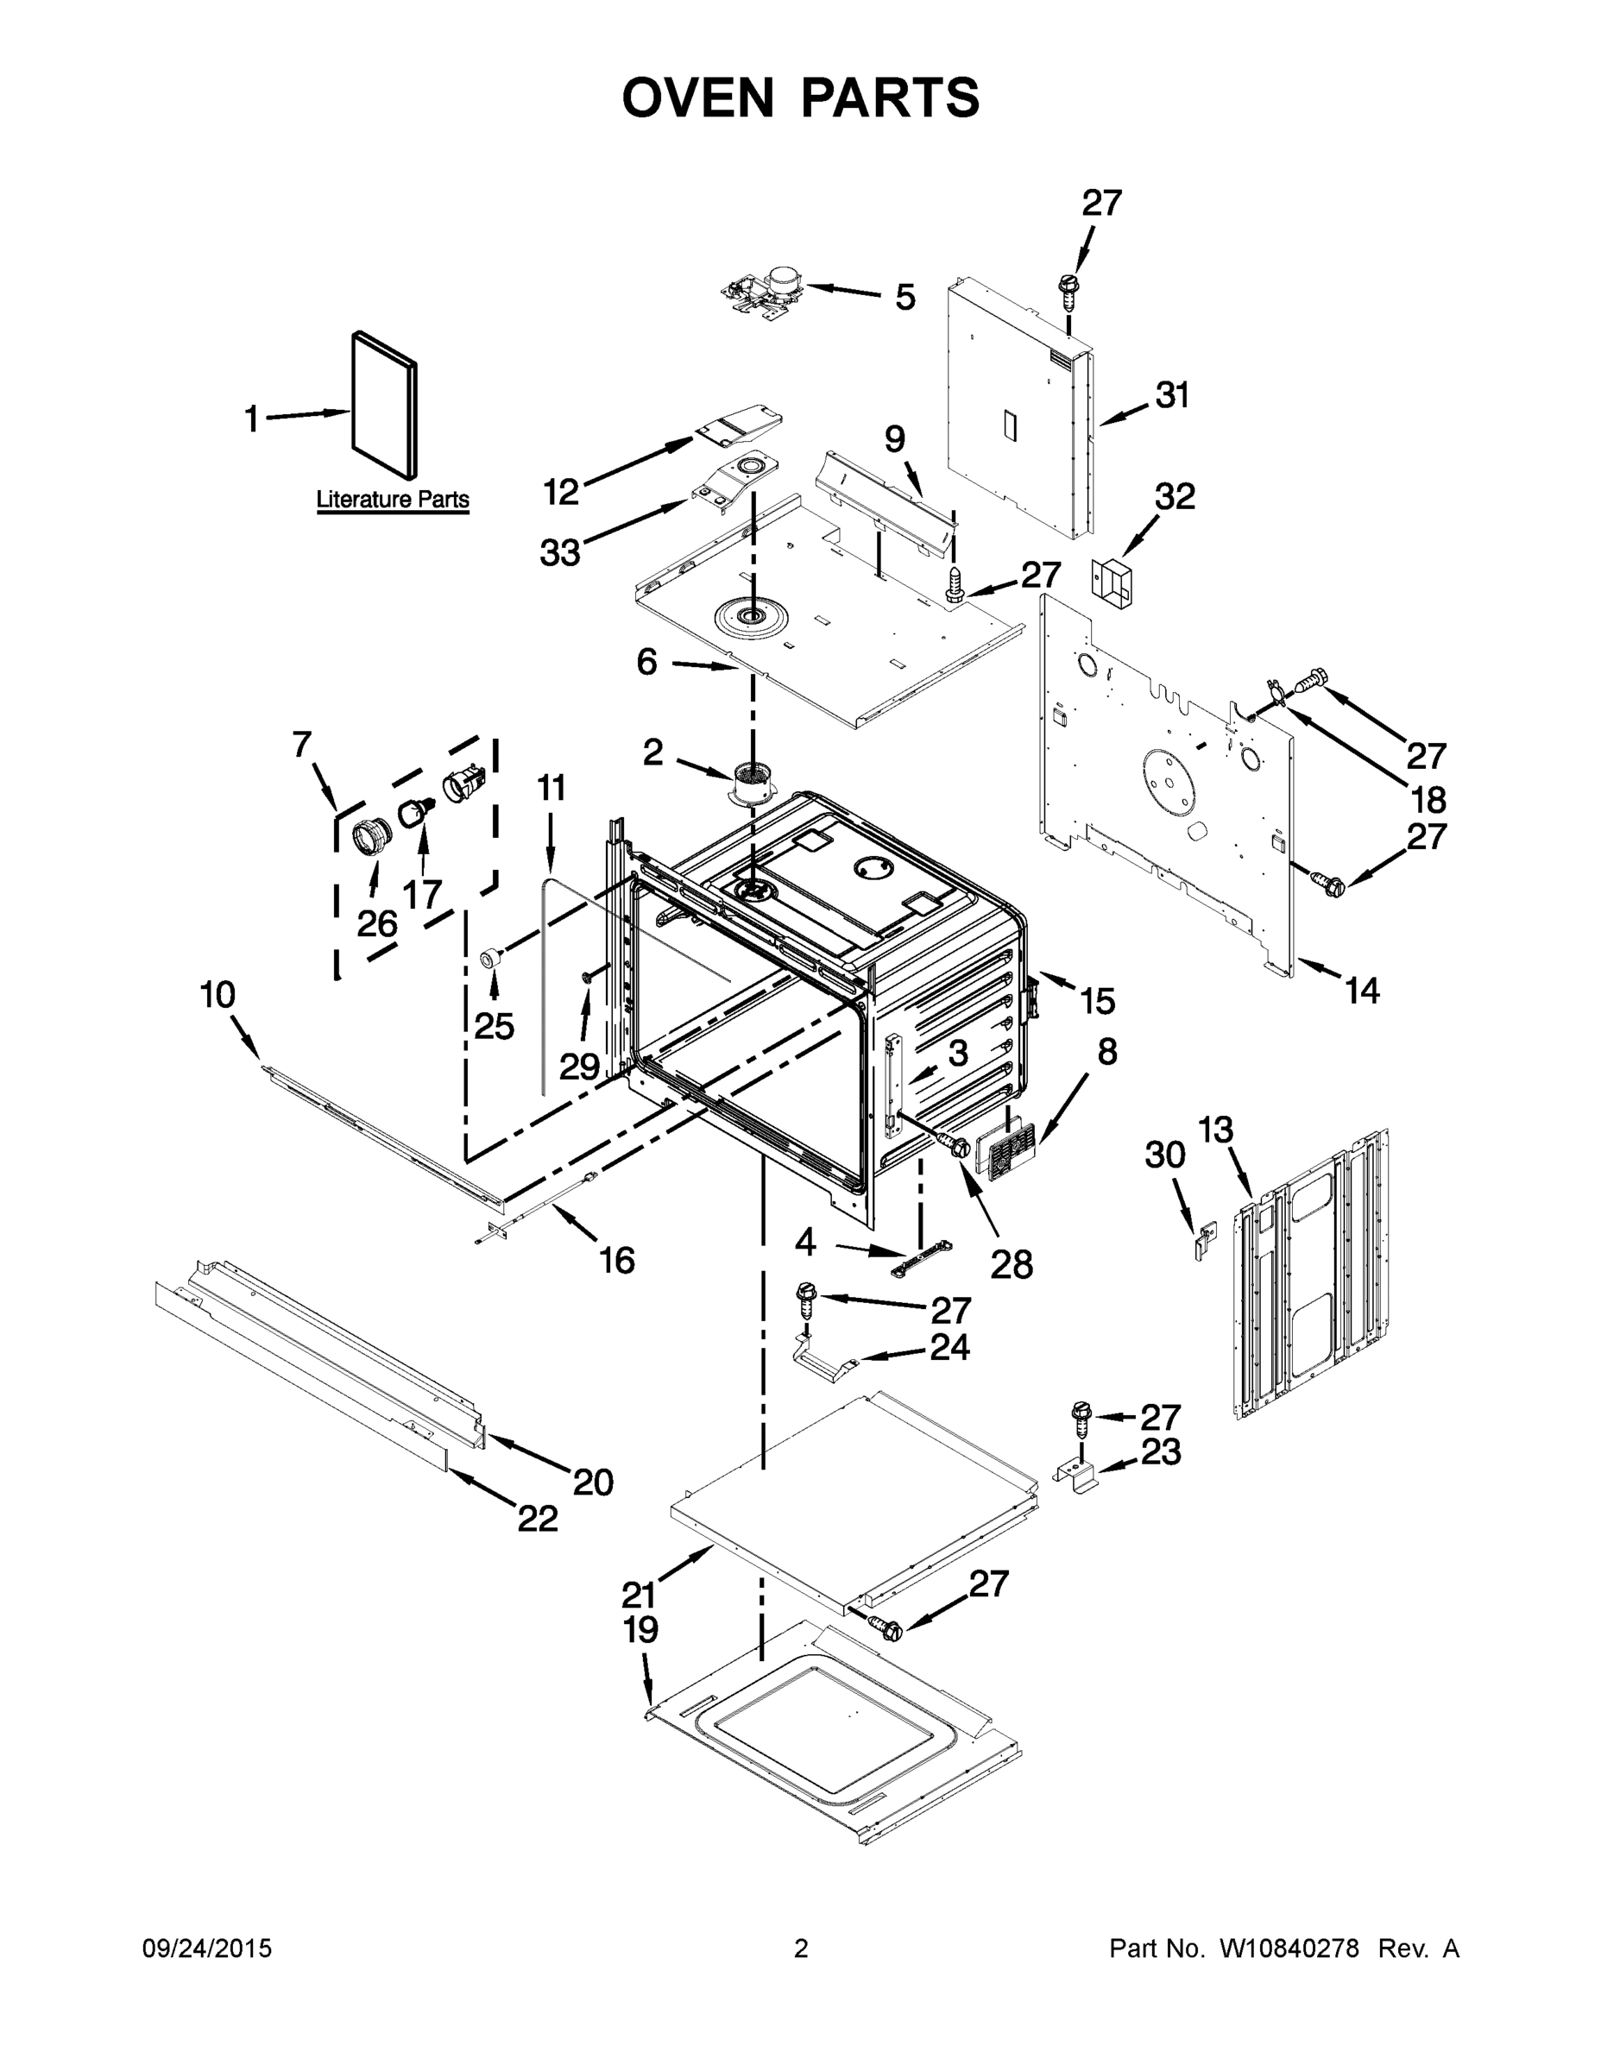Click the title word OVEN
click(697, 97)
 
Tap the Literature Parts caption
click(392, 499)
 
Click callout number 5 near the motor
click(905, 297)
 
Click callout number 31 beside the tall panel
click(1172, 395)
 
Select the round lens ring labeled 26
click(372, 838)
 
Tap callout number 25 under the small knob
click(495, 1026)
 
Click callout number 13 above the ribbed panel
click(1215, 1130)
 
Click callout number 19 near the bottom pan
click(641, 1630)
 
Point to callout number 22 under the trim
click(538, 1518)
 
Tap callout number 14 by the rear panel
click(1362, 991)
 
